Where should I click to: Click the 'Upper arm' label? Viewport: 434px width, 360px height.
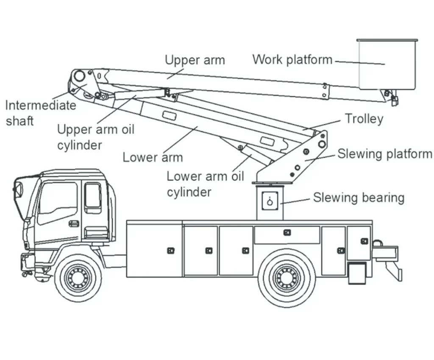pos(195,60)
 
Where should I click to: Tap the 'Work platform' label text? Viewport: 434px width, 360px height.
pos(292,59)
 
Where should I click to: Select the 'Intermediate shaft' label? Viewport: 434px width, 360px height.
pos(40,112)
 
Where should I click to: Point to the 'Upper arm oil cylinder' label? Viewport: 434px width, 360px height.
pos(95,137)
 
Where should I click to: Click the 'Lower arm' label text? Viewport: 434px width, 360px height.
pos(153,157)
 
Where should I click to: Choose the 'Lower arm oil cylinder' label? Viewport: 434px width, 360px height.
pos(205,184)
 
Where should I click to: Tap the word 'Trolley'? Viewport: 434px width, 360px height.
pos(364,119)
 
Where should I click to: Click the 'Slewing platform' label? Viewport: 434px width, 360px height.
pos(384,153)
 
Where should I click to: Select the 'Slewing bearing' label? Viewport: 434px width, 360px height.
pos(359,198)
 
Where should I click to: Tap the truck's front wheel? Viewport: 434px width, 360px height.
pos(78,277)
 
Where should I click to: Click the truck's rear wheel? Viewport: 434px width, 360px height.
pos(287,277)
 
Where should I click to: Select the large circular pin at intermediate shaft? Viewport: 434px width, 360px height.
pos(79,76)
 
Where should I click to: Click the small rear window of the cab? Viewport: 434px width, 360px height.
pos(92,196)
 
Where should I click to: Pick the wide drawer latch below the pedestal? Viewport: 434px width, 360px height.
pos(287,232)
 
